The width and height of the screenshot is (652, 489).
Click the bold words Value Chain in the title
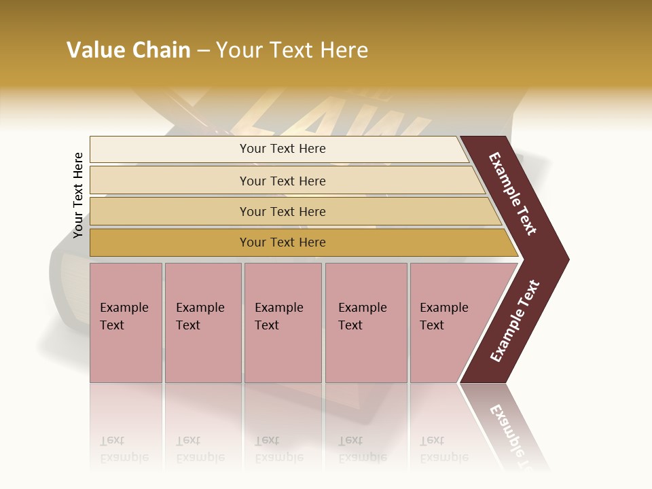(128, 50)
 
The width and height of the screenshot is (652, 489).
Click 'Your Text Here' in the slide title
(292, 50)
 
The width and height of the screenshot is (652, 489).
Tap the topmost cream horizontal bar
(170, 149)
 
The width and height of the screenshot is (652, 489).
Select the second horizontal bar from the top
(170, 181)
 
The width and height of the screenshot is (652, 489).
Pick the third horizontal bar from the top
(170, 211)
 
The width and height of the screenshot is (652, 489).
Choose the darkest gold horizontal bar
(170, 242)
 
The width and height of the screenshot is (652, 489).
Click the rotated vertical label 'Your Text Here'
(78, 195)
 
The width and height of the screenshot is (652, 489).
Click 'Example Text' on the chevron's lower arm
(515, 321)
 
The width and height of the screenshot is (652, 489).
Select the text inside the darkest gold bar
(283, 242)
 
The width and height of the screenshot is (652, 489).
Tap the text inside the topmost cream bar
(283, 149)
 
